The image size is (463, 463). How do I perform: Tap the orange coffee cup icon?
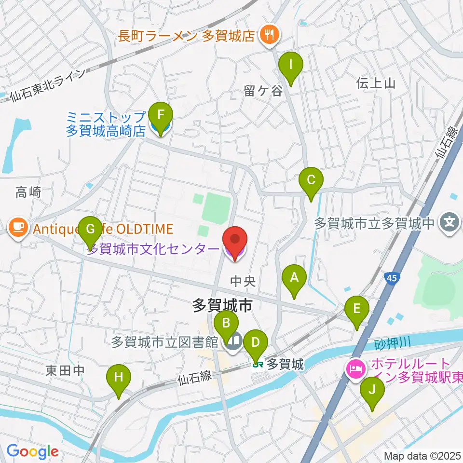pos(18,226)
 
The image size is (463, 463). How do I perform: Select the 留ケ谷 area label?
pos(263,91)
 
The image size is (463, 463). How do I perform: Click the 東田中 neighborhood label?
pos(65,370)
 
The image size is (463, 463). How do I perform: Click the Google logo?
pos(32,452)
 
